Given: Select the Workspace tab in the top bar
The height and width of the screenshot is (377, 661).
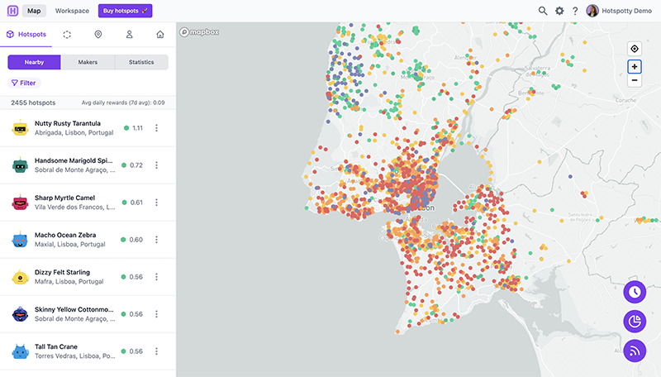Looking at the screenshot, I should [x=72, y=11].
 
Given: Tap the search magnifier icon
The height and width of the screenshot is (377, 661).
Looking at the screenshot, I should [x=543, y=11].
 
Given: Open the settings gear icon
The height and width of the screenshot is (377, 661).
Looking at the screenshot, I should [x=559, y=11].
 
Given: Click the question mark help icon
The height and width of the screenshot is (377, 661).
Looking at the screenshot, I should [x=575, y=11].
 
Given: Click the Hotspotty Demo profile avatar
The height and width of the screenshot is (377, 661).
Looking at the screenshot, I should [x=592, y=11].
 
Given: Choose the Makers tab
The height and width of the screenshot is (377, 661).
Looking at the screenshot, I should [x=88, y=62].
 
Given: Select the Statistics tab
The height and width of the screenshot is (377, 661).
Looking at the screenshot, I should [x=140, y=62].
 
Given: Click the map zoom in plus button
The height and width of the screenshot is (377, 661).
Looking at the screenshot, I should [x=634, y=66].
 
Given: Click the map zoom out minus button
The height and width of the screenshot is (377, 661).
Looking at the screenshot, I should [x=634, y=80].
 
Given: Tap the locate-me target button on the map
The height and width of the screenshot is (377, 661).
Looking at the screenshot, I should [x=634, y=48].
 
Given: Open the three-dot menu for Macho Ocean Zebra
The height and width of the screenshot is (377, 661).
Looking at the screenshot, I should [x=156, y=240].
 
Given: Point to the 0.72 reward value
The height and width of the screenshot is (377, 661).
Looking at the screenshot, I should [x=136, y=165].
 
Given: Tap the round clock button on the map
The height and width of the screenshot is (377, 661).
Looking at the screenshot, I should [x=635, y=292].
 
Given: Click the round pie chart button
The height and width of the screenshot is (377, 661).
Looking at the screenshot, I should [x=635, y=321].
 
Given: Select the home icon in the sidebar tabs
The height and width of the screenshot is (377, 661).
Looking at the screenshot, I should [x=159, y=35].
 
